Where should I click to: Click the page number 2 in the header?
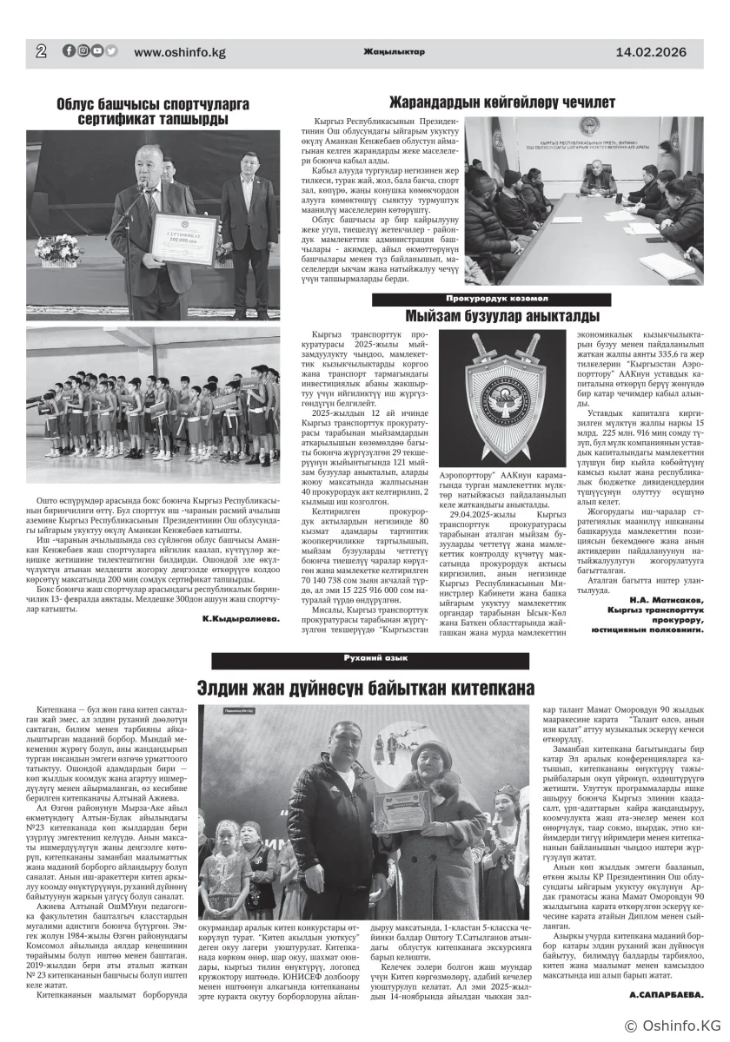point(41,52)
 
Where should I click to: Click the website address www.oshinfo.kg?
point(179,53)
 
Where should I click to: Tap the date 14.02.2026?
point(650,52)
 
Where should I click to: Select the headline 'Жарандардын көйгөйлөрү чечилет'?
point(501,102)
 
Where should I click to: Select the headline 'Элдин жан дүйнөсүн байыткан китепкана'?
point(364,688)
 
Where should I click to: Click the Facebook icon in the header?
point(69,51)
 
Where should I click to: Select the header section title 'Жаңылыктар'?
point(394,52)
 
